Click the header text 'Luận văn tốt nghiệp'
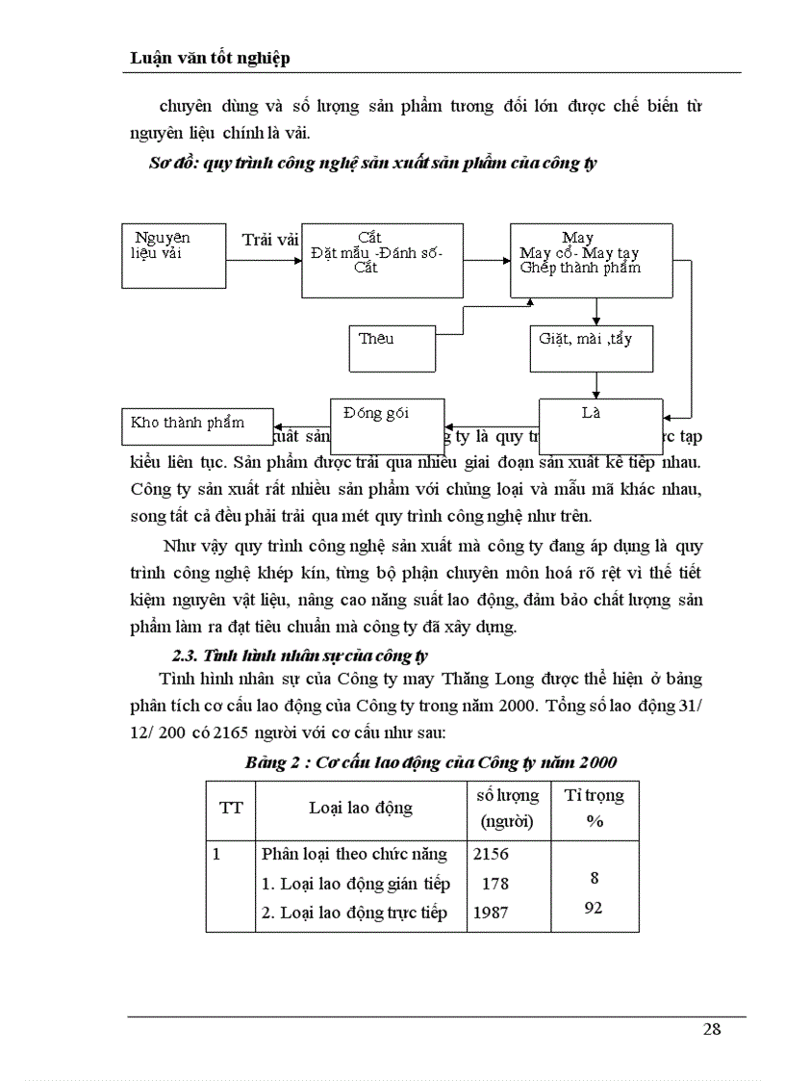pos(211,59)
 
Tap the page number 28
pos(711,1029)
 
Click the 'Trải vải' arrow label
pos(270,239)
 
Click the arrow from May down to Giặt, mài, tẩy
pos(597,311)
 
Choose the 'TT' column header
pos(231,808)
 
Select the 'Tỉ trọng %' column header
pos(594,808)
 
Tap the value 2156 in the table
pos(491,854)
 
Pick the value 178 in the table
pos(494,884)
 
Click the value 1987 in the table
pos(491,913)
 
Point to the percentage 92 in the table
pos(594,907)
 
